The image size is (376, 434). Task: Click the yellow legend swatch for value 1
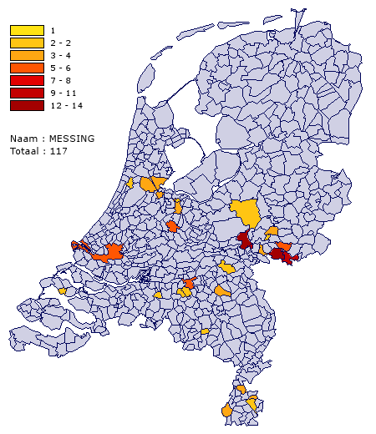(27, 31)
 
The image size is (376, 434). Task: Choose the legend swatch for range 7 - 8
(27, 81)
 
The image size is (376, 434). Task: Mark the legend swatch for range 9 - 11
(27, 93)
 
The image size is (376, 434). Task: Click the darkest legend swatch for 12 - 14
(27, 106)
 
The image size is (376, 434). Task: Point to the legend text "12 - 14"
(66, 106)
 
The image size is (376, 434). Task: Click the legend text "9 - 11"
(64, 93)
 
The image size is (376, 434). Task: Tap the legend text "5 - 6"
(60, 68)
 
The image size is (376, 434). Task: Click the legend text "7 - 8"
(60, 81)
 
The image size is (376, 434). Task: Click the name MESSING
(71, 139)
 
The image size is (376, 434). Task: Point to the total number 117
(58, 151)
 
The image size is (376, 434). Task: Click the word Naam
(22, 139)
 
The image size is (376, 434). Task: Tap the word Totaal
(24, 151)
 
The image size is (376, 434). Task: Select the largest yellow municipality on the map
(246, 213)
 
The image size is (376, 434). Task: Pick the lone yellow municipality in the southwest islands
(63, 290)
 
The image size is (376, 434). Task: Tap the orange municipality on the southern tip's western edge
(226, 411)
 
